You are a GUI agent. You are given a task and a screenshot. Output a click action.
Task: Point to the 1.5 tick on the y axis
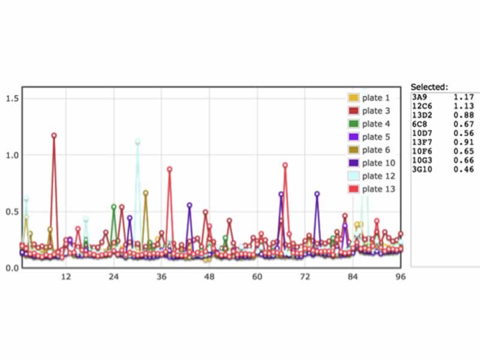[x=12, y=98]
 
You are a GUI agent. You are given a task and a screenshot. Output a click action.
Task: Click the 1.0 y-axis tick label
[x=12, y=155]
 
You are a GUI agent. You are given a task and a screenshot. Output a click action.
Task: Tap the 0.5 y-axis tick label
[x=12, y=211]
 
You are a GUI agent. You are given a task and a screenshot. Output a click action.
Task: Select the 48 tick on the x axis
[x=209, y=277]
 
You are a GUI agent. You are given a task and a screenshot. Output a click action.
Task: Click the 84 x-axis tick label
[x=353, y=277]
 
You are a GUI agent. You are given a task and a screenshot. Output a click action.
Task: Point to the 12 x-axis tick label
[x=65, y=277]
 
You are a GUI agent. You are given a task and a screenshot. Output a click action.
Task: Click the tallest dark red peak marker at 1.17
[x=54, y=136]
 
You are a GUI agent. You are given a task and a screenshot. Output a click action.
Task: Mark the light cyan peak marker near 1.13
[x=137, y=142]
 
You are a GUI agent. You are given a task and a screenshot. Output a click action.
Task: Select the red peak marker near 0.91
[x=285, y=165]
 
